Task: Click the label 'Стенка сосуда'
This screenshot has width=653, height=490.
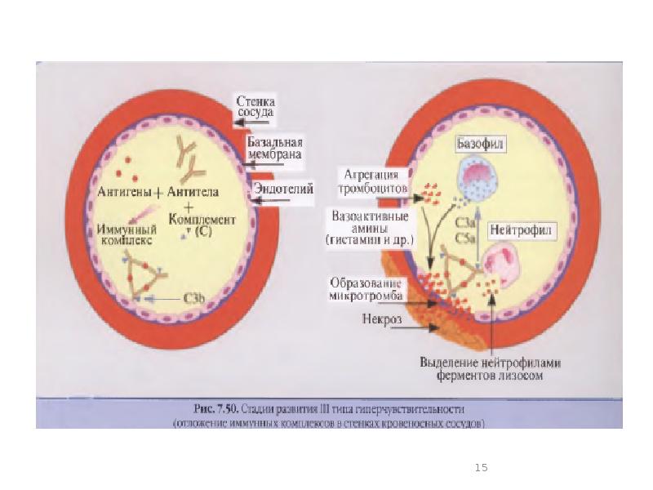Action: tap(255, 106)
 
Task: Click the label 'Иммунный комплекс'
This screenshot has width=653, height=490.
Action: tap(127, 235)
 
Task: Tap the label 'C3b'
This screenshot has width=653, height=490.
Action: tap(193, 300)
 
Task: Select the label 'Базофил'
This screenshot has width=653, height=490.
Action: tap(480, 144)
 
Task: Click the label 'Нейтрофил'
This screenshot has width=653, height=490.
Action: tap(522, 229)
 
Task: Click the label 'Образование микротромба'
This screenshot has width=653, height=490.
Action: tap(364, 287)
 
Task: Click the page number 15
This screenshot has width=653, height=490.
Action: tap(481, 468)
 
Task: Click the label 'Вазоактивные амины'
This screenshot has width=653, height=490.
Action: tap(372, 229)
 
